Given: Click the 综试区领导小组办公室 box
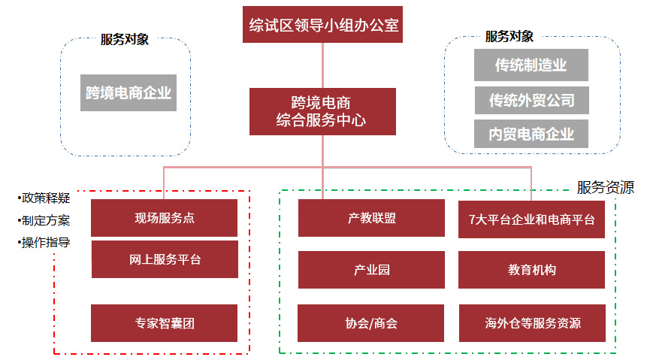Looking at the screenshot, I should [x=323, y=26].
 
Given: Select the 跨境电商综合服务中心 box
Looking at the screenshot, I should [x=322, y=111].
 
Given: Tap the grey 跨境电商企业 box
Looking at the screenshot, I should [x=128, y=93].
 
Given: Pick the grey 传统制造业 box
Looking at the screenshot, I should [x=531, y=65].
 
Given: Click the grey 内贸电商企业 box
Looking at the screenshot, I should [x=531, y=135].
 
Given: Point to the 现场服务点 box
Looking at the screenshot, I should [x=164, y=219].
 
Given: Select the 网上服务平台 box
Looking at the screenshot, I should [x=164, y=260].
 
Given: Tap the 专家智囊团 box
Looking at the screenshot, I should [x=164, y=324].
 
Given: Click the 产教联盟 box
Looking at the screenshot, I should [x=371, y=219].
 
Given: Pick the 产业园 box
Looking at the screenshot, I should [x=371, y=270].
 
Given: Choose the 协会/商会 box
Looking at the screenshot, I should [x=371, y=324].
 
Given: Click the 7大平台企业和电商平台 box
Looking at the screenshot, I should [x=531, y=219].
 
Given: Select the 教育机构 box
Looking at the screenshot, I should [x=531, y=270].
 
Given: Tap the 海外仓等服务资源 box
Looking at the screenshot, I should [x=531, y=324].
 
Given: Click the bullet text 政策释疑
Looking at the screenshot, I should [x=46, y=198].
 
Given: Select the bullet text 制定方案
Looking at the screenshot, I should [x=46, y=221].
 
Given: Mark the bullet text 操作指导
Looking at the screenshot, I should [x=46, y=243].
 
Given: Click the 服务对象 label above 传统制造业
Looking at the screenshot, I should [x=509, y=36].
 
